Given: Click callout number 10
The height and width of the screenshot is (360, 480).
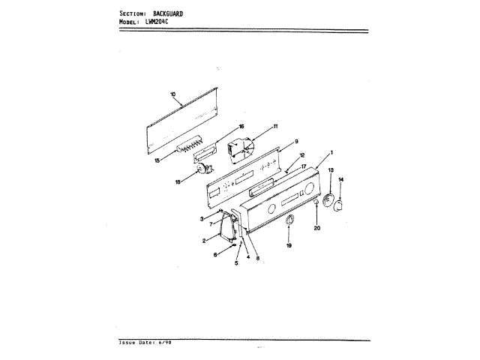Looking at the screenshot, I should (172, 94).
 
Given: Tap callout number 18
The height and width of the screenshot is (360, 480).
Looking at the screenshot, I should (178, 181).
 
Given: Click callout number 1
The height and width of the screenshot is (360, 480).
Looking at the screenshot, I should (332, 152).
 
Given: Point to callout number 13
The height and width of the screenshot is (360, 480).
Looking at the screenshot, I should (331, 172).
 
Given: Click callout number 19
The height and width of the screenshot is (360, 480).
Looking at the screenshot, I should (289, 245).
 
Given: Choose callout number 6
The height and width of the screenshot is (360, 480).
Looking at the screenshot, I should (216, 256).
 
